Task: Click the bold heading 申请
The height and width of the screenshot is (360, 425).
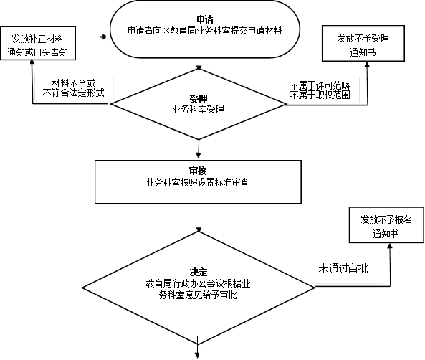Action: point(205,19)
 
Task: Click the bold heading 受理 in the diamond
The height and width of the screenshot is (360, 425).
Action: point(199,99)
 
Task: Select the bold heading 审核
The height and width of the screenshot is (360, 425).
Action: point(198,171)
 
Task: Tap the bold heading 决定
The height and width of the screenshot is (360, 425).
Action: point(199,272)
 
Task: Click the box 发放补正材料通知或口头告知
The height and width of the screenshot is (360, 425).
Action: point(38,43)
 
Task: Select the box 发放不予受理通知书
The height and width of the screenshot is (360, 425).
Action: point(363,44)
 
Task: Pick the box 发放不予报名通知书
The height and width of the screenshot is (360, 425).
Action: point(386,225)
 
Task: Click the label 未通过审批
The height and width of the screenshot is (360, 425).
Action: point(343,269)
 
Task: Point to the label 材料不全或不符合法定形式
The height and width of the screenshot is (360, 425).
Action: point(73,88)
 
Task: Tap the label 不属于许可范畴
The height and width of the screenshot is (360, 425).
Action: point(320,86)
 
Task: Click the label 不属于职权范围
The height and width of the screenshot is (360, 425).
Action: point(320,95)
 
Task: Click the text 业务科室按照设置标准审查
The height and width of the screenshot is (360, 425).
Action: point(198,182)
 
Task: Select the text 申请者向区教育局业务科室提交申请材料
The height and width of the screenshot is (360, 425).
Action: point(205,30)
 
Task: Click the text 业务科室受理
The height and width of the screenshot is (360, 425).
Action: point(199,109)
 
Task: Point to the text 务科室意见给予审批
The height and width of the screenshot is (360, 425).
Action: point(198,295)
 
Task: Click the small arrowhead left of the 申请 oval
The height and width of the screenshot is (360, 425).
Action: point(103,37)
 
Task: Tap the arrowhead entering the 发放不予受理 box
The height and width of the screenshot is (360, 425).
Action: point(367,65)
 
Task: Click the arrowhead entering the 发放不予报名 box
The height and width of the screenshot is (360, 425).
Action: point(390,246)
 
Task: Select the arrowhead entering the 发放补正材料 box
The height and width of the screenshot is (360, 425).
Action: point(32,62)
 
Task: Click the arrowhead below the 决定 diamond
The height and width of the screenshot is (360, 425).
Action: point(197,355)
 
